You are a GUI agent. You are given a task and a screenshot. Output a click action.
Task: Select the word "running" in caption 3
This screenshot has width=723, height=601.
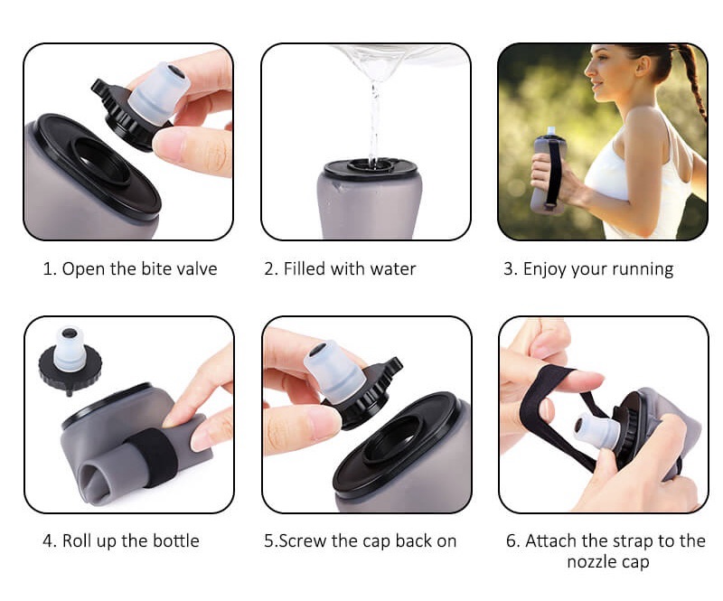tap(643, 269)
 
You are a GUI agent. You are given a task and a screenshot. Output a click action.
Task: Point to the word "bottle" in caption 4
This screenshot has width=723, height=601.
tap(175, 540)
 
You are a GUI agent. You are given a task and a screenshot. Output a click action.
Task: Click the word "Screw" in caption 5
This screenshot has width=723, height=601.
tap(303, 541)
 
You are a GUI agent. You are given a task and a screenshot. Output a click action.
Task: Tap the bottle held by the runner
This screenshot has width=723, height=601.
tap(549, 172)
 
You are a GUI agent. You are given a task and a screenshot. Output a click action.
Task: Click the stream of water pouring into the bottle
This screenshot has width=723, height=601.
tap(374, 122)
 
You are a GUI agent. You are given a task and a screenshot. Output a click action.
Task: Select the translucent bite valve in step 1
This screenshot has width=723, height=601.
tap(159, 92)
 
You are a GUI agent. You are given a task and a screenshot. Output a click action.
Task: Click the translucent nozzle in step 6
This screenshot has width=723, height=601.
tap(596, 430)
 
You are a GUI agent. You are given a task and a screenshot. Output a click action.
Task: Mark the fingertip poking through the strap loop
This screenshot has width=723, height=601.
tap(585, 381)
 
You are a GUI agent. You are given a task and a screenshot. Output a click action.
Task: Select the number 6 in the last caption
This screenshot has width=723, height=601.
tap(511, 541)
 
